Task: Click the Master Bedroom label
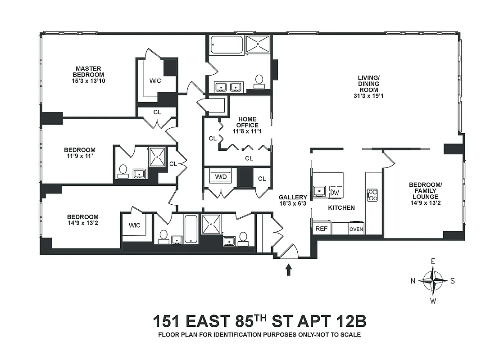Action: tap(90, 74)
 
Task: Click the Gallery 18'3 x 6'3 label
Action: tap(293, 200)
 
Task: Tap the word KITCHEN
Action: tap(341, 208)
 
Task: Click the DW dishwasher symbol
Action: tap(334, 192)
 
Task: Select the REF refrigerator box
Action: tap(321, 229)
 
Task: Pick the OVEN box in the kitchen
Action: tap(356, 229)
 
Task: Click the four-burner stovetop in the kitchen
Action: tap(373, 194)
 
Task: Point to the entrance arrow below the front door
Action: tap(288, 270)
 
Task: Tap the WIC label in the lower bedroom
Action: tap(134, 225)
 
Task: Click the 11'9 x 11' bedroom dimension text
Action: tap(79, 156)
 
